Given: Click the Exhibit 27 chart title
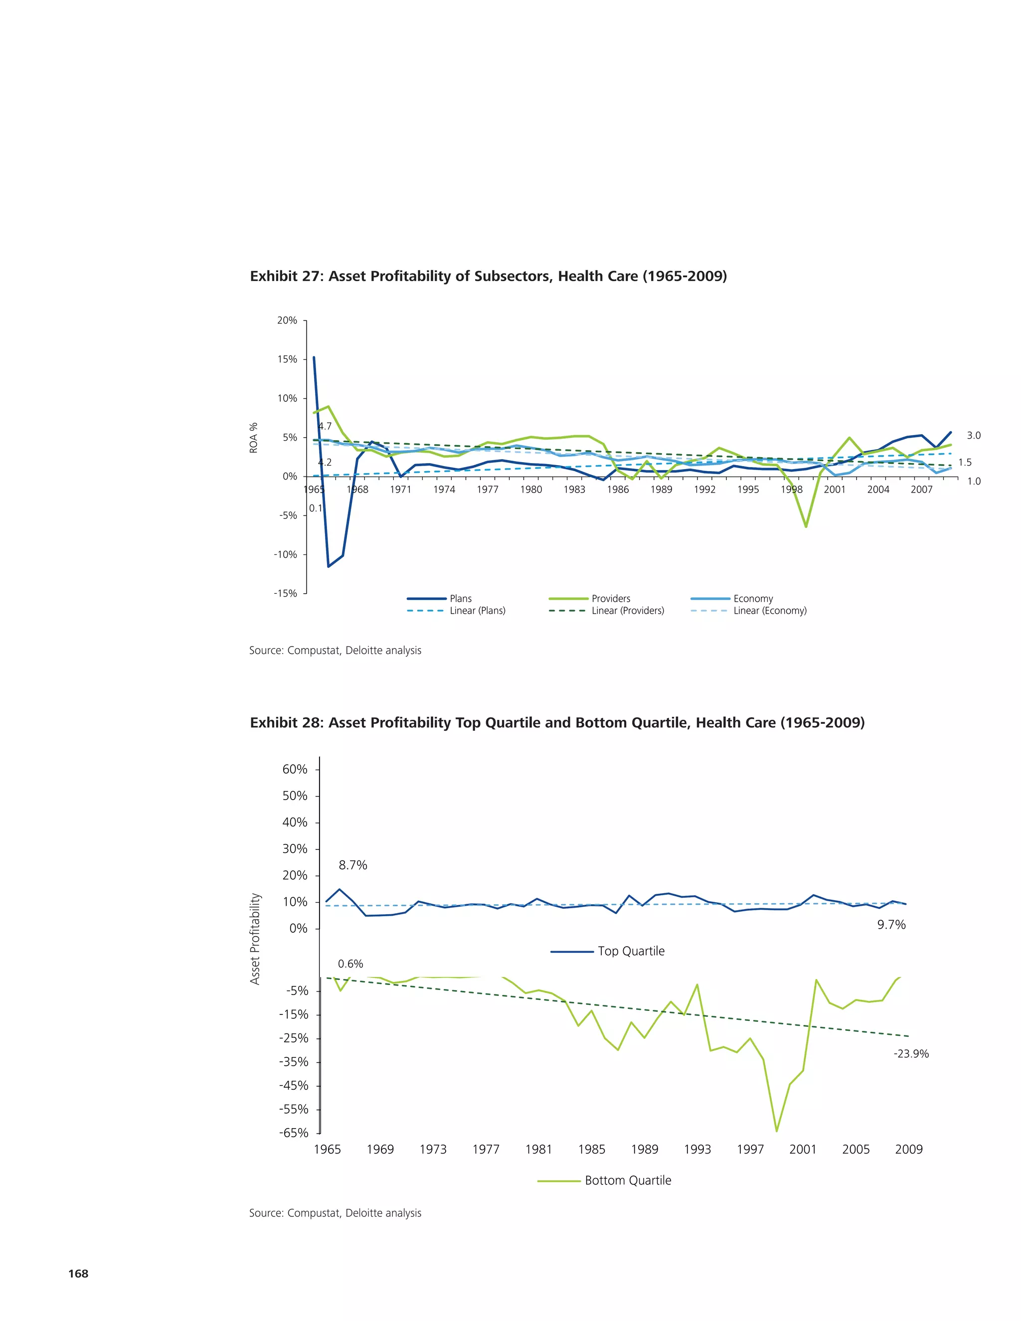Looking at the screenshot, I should pos(488,277).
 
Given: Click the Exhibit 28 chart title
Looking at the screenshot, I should pos(557,723).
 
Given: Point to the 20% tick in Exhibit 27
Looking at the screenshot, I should pos(287,321).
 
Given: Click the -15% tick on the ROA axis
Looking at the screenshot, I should pos(286,593).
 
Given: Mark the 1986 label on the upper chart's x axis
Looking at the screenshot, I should pos(618,490).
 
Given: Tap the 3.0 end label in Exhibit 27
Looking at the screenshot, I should pos(973,436).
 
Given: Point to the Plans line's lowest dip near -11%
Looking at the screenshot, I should pos(329,566).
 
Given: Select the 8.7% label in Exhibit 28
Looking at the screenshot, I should pos(352,865).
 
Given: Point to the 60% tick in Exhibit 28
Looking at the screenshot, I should pos(295,769).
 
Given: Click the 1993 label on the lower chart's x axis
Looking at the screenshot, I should pos(697,1149).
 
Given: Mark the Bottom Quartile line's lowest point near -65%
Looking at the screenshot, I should pos(777,1131).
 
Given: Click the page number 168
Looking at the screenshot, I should pos(79,1273).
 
